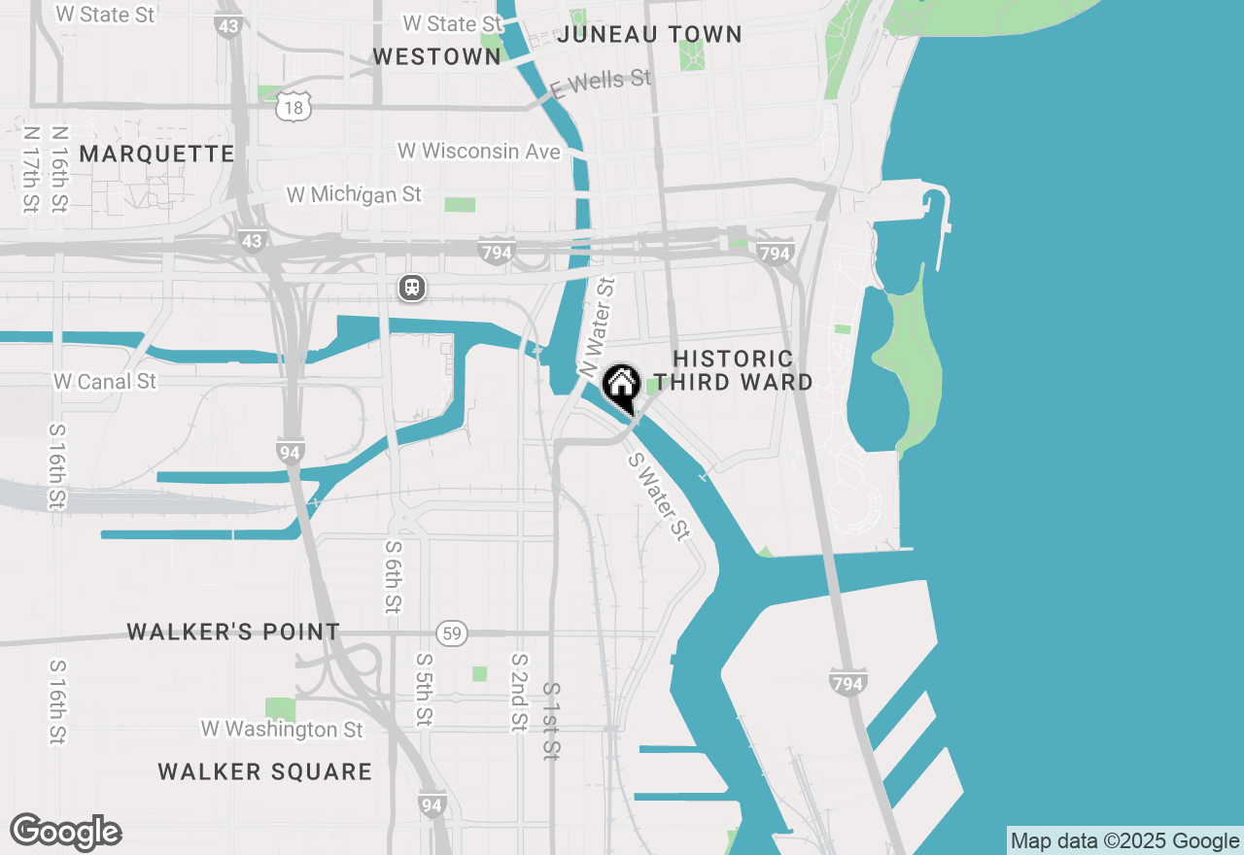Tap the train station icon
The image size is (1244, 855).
coord(412,288)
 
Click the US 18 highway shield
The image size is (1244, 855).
coord(293,106)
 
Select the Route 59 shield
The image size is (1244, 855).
coord(450,633)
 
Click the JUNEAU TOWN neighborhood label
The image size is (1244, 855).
coord(650,34)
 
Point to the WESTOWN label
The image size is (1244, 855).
coord(436,57)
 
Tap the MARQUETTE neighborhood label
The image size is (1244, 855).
coord(156,154)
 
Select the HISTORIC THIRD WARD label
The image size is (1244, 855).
coord(733,371)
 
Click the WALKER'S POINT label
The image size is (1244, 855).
coord(233,633)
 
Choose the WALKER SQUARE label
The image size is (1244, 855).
coord(264,772)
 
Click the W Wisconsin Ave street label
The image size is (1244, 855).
coord(479,152)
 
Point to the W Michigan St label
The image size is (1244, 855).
coord(354,194)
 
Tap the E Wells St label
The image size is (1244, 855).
coord(600,83)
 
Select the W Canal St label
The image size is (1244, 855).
coord(105,382)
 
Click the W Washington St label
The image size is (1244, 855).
coord(282,729)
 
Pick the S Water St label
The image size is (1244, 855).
coord(659,496)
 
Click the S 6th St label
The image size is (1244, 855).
coord(392,576)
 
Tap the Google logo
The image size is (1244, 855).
coord(65,833)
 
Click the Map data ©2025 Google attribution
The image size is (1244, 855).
coord(1124,841)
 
